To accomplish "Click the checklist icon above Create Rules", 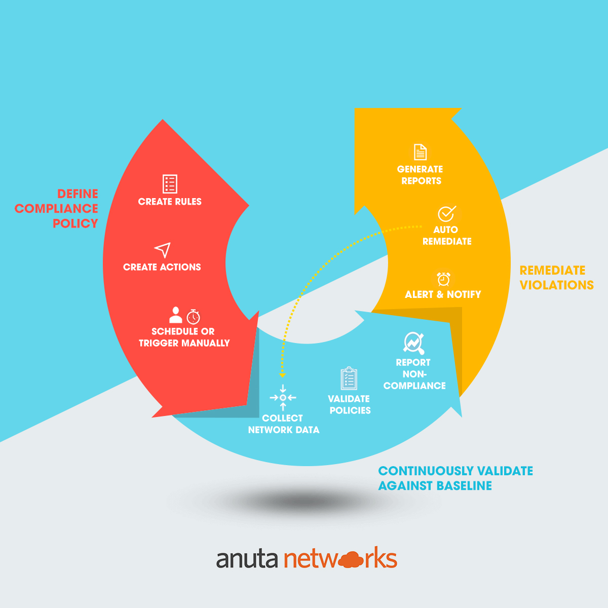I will pos(170,184).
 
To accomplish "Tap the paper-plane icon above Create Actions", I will pos(163,250).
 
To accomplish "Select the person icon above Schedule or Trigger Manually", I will pos(176,315).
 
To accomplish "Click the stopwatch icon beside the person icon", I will pos(193,317).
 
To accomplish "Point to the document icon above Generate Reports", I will pos(420,152).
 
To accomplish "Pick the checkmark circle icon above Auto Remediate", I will pos(446,213).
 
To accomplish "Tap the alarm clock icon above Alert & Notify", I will pos(444,279).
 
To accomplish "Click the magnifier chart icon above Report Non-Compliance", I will pos(413,343).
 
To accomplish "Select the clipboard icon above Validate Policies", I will pos(349,379).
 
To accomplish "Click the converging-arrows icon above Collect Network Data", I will pos(283,398).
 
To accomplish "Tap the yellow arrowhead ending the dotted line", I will pos(283,375).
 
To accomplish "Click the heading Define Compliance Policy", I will pos(57,208).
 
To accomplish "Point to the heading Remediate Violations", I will pos(556,278).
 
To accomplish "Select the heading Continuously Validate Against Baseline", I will pos(455,478).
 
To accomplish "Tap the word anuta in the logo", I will pos(247,559).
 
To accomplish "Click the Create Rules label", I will pos(170,202).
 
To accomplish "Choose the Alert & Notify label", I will pos(443,294).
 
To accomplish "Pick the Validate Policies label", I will pos(350,405).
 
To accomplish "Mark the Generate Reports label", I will pos(420,175).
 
